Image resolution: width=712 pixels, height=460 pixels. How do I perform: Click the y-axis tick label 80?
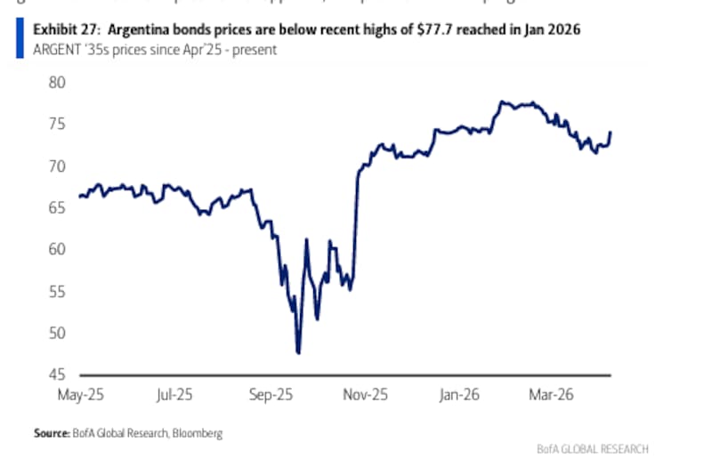pyautogui.click(x=56, y=82)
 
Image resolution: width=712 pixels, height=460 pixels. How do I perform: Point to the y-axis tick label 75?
pyautogui.click(x=56, y=124)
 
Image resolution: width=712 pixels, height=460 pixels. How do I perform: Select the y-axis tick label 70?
pyautogui.click(x=56, y=165)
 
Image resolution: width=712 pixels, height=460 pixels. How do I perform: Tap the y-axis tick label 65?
pyautogui.click(x=56, y=207)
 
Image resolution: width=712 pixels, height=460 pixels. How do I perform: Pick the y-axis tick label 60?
pyautogui.click(x=56, y=249)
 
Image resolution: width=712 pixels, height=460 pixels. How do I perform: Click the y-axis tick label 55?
pyautogui.click(x=56, y=291)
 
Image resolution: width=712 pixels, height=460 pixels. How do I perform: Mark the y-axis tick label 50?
pyautogui.click(x=56, y=333)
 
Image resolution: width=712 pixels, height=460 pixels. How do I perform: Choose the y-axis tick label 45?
pyautogui.click(x=56, y=375)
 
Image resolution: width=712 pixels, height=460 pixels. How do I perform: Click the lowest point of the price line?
pyautogui.click(x=298, y=353)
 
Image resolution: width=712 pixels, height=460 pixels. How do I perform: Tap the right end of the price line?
pyautogui.click(x=611, y=132)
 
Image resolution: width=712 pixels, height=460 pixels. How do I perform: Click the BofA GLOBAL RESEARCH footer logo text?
pyautogui.click(x=593, y=448)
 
